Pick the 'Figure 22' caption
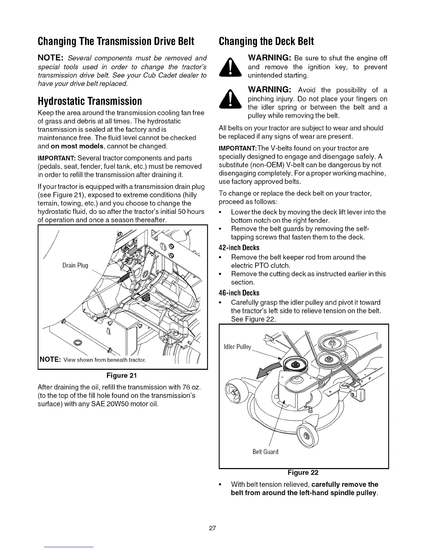(x=303, y=473)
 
